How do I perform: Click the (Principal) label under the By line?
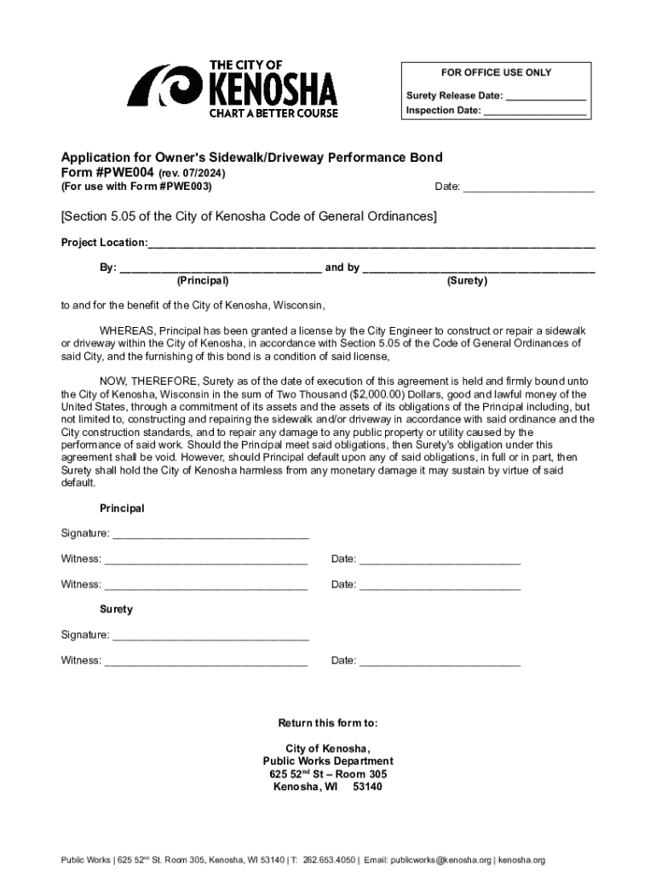(x=202, y=281)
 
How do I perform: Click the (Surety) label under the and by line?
(x=467, y=281)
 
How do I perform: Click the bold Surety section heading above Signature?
(x=116, y=610)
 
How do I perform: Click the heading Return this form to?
(x=328, y=723)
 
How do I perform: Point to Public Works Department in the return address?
(x=328, y=761)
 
